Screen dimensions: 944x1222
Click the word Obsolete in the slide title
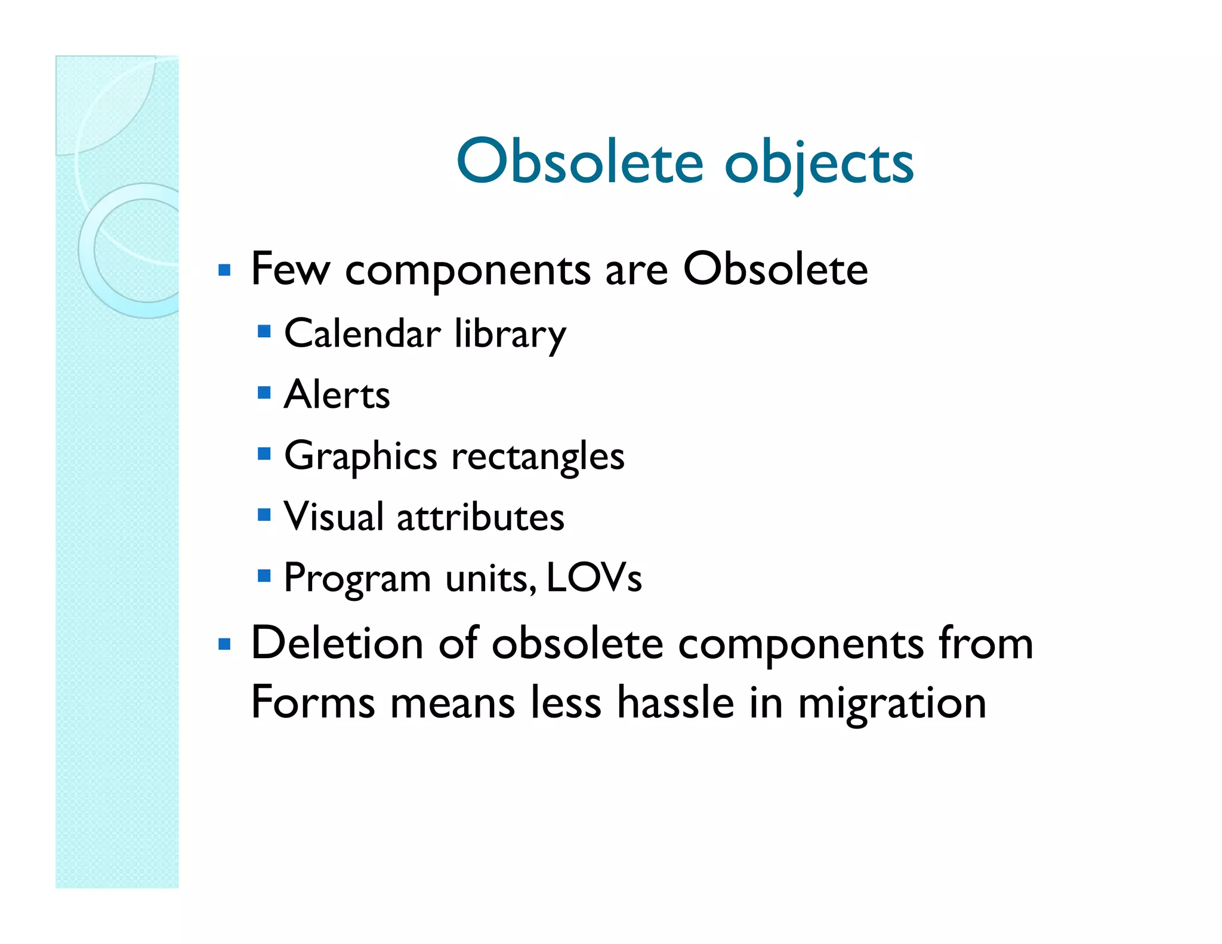tap(579, 162)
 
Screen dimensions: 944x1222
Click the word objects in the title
tap(819, 163)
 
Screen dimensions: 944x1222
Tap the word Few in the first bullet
tap(290, 270)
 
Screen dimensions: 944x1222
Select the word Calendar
tap(362, 334)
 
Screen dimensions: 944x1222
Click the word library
tap(510, 335)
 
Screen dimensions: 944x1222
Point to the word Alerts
tap(337, 395)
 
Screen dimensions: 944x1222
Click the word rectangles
tap(538, 457)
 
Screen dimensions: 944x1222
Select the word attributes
tap(480, 517)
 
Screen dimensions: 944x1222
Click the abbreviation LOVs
tap(594, 578)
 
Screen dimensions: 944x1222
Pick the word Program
tap(357, 579)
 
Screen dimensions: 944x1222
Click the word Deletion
tap(337, 643)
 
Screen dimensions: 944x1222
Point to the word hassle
tap(675, 702)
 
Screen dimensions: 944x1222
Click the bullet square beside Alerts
tap(264, 393)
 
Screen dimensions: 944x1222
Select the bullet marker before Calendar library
tap(264, 331)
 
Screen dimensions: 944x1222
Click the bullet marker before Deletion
tap(224, 644)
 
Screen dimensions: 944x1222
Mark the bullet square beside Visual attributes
tap(264, 514)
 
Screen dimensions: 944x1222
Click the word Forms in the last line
tap(313, 702)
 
